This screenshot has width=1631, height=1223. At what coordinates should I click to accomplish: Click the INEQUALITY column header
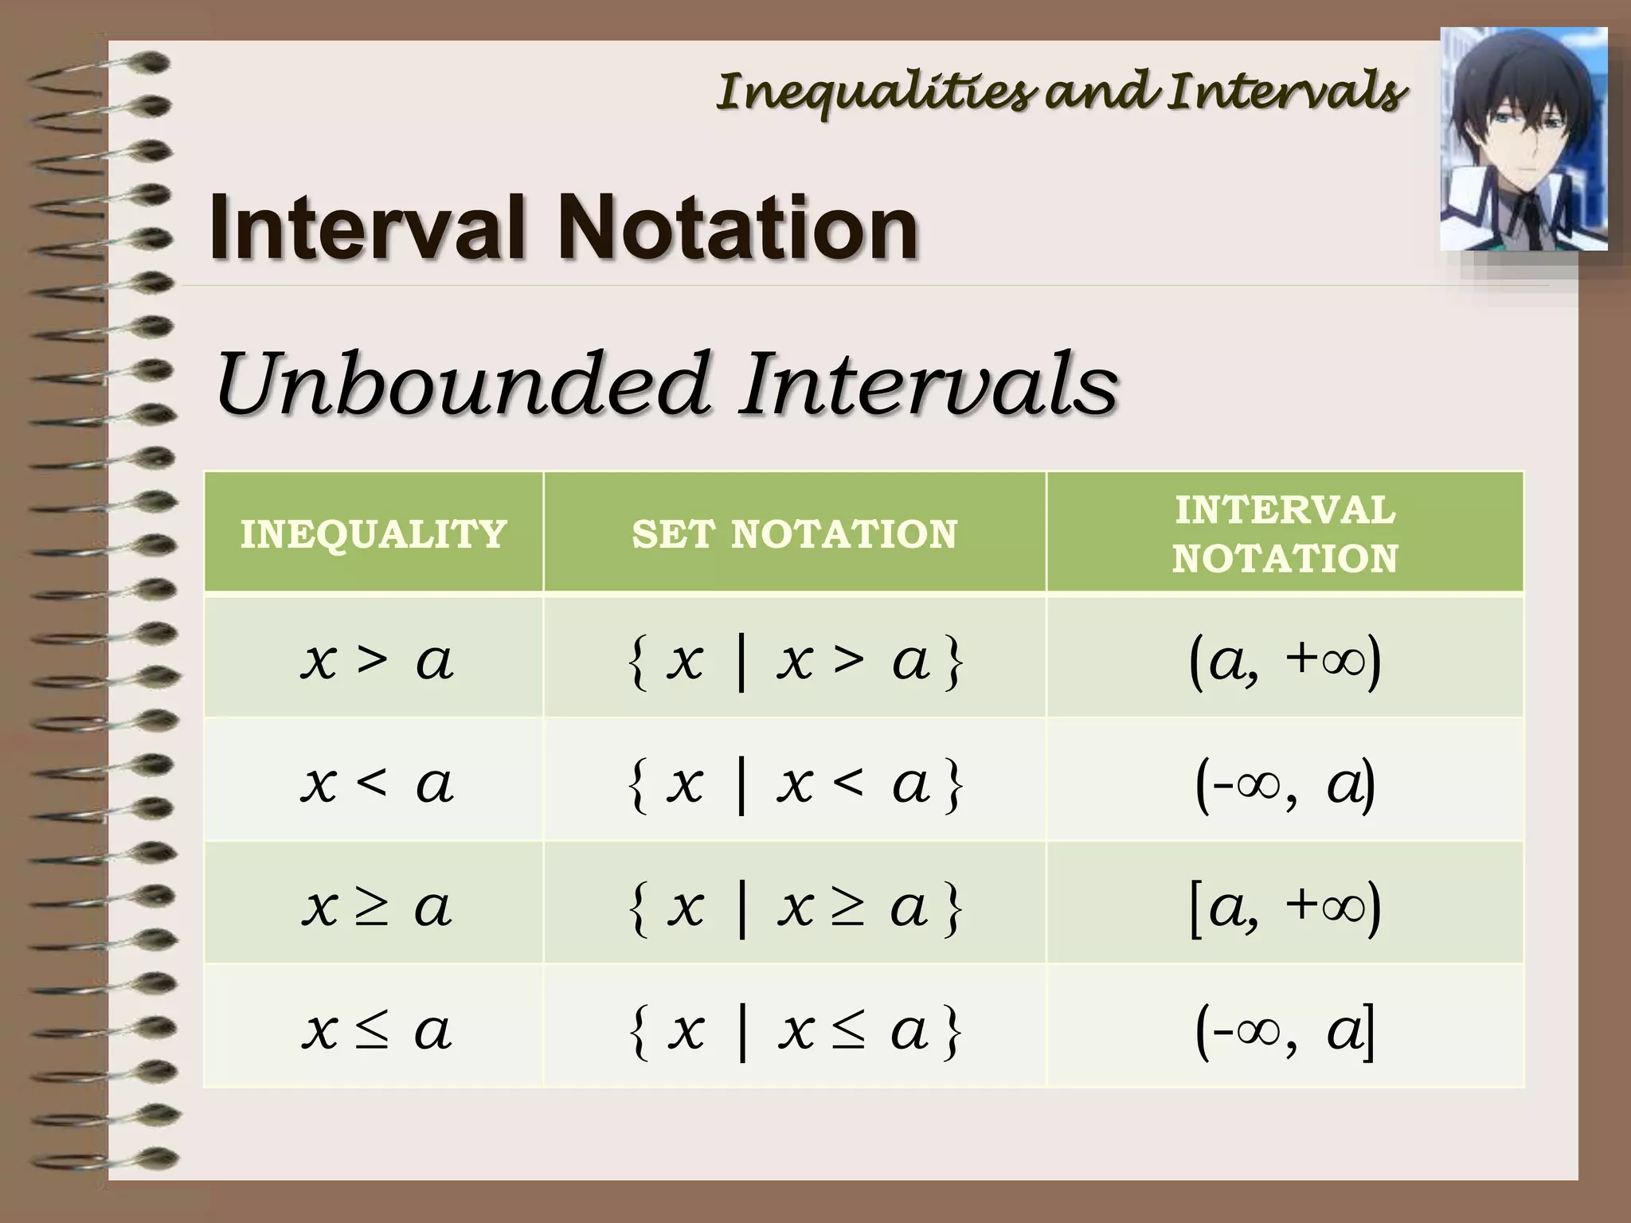point(374,533)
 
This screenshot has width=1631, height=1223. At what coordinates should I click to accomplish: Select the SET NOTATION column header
point(794,533)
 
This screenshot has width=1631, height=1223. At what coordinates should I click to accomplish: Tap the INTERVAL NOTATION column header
point(1285,533)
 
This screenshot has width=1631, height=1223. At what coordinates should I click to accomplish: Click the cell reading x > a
point(376,660)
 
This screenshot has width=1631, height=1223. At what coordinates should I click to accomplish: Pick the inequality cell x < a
point(376,783)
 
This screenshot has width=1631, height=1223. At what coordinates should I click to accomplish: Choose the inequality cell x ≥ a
point(376,907)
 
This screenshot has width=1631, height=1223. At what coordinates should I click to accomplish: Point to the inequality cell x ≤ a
point(376,1030)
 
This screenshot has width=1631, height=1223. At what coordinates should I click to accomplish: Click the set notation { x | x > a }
point(795,661)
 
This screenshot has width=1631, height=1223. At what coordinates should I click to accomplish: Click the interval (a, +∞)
point(1285,661)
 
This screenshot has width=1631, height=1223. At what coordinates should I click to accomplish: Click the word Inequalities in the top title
point(876,92)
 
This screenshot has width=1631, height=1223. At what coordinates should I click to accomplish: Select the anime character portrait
point(1523,139)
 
